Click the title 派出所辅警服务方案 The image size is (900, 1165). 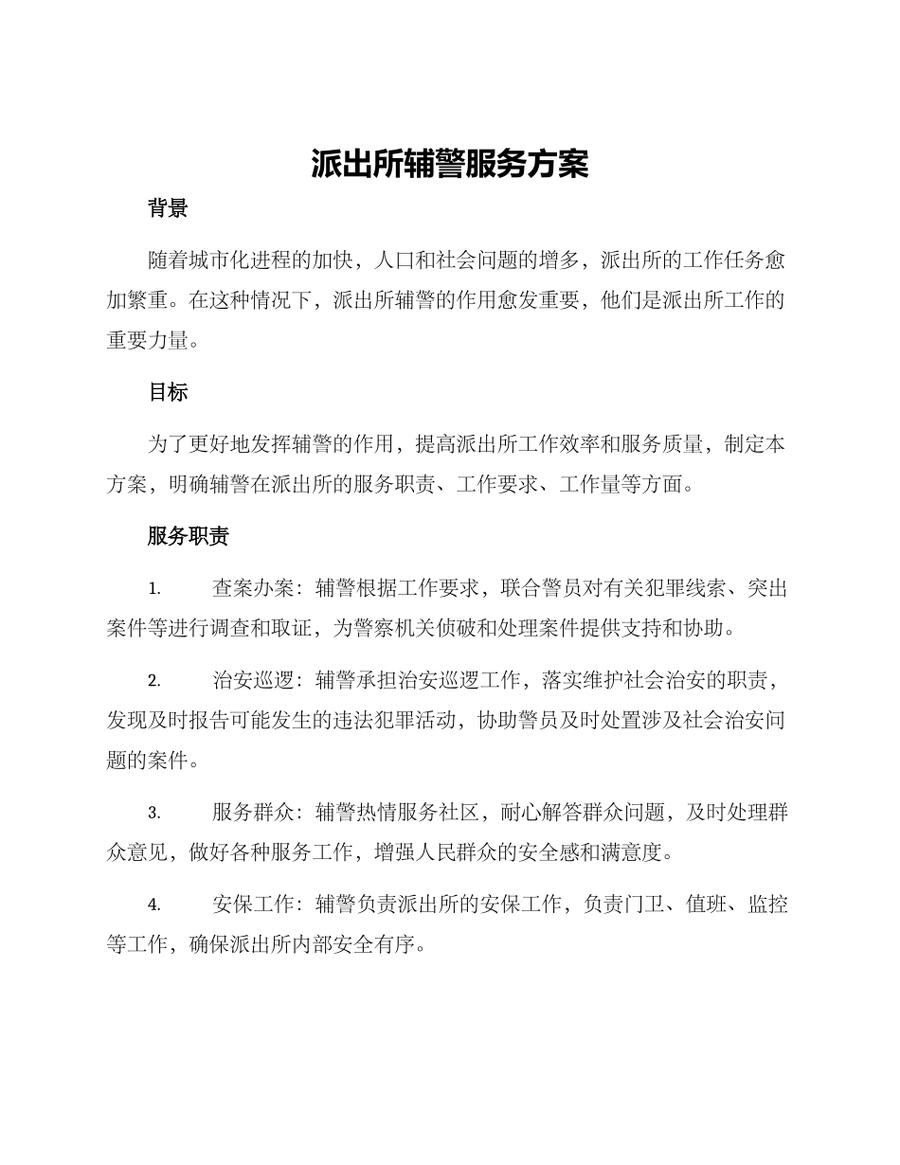450,164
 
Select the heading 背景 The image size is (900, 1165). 168,208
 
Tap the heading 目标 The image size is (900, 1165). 168,392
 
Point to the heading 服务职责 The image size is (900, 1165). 189,537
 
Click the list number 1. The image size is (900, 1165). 154,589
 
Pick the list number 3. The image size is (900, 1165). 154,813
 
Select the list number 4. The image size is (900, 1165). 154,905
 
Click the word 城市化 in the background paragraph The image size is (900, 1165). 221,260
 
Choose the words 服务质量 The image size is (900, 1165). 661,444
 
